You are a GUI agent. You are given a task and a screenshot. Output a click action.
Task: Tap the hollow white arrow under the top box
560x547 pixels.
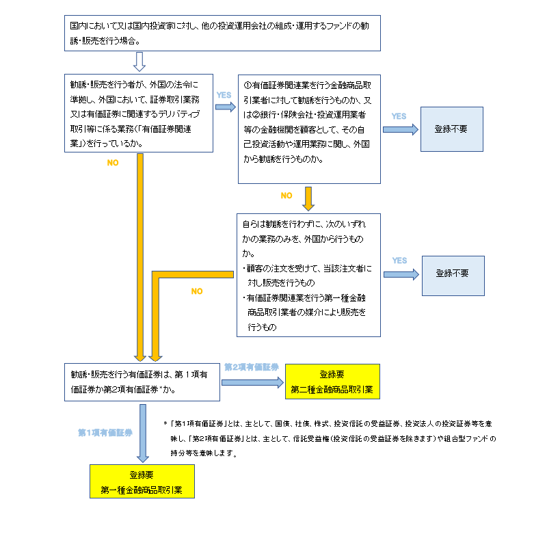pyautogui.click(x=139, y=62)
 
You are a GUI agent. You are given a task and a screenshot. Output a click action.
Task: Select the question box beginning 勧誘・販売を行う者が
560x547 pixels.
pyautogui.click(x=139, y=113)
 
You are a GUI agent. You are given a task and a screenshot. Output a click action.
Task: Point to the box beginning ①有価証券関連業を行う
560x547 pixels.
pyautogui.click(x=309, y=129)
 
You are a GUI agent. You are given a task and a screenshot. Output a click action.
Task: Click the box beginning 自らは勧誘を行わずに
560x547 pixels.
pyautogui.click(x=309, y=275)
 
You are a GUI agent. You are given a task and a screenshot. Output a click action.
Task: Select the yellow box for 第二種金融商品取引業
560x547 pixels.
pyautogui.click(x=332, y=382)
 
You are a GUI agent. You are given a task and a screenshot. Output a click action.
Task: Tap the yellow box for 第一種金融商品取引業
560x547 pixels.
pyautogui.click(x=142, y=481)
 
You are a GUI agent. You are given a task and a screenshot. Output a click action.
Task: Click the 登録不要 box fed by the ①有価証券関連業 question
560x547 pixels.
pyautogui.click(x=451, y=129)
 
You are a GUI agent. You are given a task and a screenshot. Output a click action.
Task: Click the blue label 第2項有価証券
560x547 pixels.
pyautogui.click(x=251, y=367)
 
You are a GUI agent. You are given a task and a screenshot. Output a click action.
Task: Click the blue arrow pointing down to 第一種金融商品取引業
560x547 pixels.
pyautogui.click(x=142, y=433)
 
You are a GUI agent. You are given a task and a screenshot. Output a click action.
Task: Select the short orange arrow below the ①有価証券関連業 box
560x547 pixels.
pyautogui.click(x=308, y=198)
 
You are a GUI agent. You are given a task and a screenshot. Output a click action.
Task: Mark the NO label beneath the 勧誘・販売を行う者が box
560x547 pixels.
pyautogui.click(x=114, y=163)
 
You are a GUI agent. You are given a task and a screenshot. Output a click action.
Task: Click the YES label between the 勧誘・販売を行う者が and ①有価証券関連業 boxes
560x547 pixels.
pyautogui.click(x=224, y=95)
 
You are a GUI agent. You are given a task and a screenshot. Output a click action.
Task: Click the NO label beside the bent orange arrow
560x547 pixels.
pyautogui.click(x=197, y=291)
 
